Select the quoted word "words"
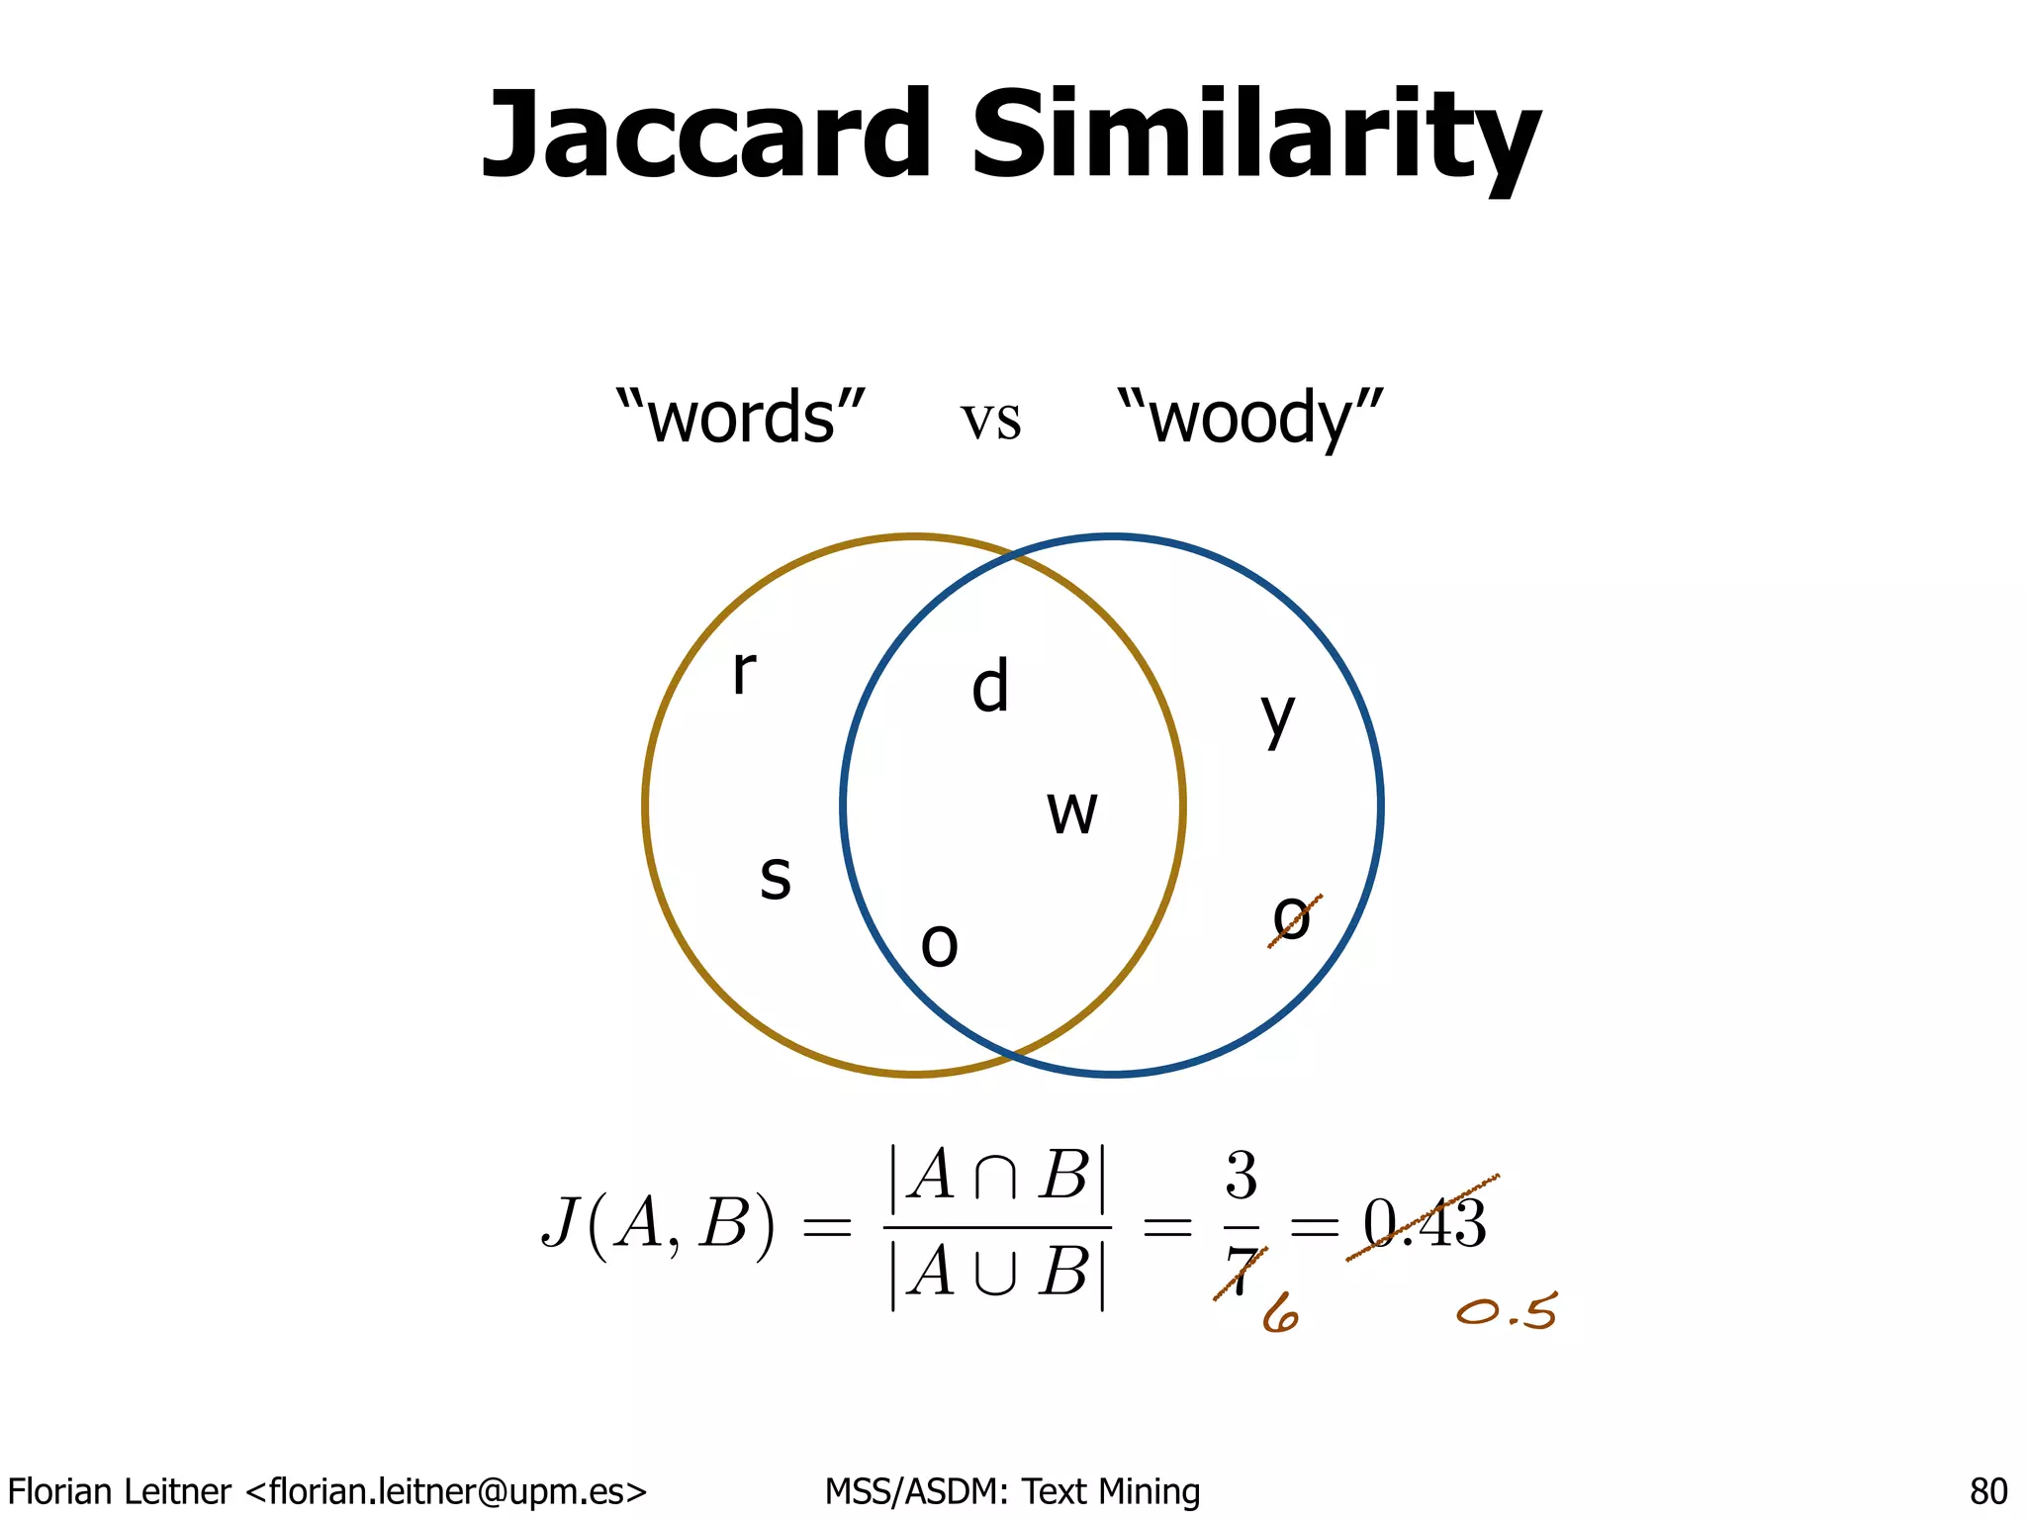coord(740,417)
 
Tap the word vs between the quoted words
coord(990,420)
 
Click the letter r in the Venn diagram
coord(744,672)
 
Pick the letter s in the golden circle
coord(776,877)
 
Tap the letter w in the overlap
coord(1072,813)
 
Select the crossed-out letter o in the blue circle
coord(1292,919)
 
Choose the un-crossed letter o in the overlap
coord(939,945)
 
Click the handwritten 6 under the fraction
coord(1280,1314)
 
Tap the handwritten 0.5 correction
coord(1507,1312)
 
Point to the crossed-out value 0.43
coord(1425,1223)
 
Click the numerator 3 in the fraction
coord(1242,1176)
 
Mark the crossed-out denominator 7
coord(1241,1271)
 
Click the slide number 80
coord(1988,1490)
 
